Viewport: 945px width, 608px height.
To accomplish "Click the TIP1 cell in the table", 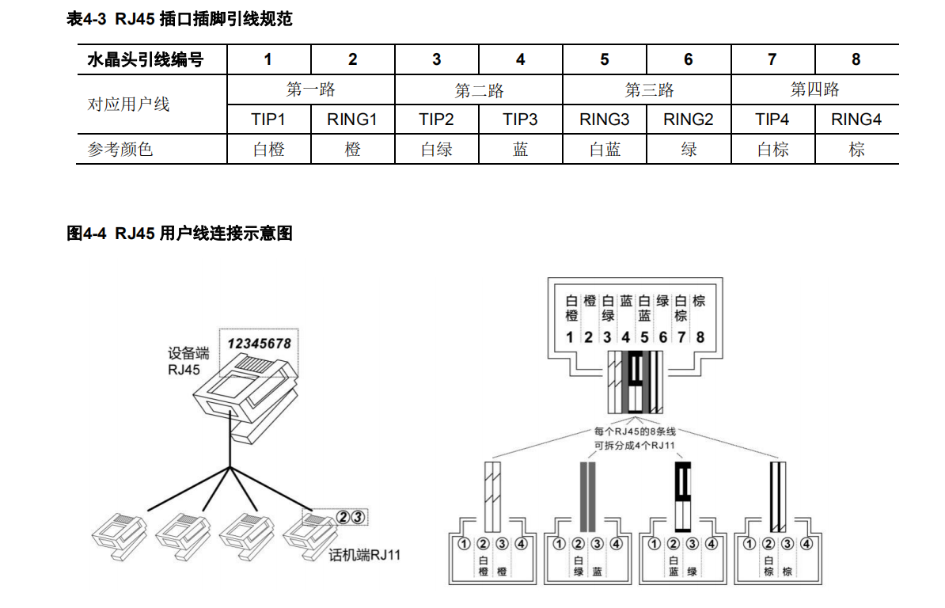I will [268, 120].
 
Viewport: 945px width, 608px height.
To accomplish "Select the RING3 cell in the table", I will [605, 120].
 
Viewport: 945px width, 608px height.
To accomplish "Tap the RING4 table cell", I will [856, 120].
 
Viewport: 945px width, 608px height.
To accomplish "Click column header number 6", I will [689, 59].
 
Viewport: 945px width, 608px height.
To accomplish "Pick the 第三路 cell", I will [647, 89].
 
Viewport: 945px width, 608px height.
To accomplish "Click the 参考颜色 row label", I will [120, 149].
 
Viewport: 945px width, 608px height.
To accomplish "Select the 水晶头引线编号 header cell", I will [145, 59].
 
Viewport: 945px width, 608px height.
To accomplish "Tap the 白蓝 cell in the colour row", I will [605, 149].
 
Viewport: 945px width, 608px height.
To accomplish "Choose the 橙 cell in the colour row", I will [353, 149].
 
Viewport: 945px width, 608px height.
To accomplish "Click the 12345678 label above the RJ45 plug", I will [259, 344].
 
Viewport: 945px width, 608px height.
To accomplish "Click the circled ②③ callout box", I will [350, 517].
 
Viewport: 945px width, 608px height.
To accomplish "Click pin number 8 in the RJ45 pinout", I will [700, 337].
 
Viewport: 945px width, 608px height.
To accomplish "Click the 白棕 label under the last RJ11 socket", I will [768, 567].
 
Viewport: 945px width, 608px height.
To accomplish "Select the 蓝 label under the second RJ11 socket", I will [597, 572].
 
